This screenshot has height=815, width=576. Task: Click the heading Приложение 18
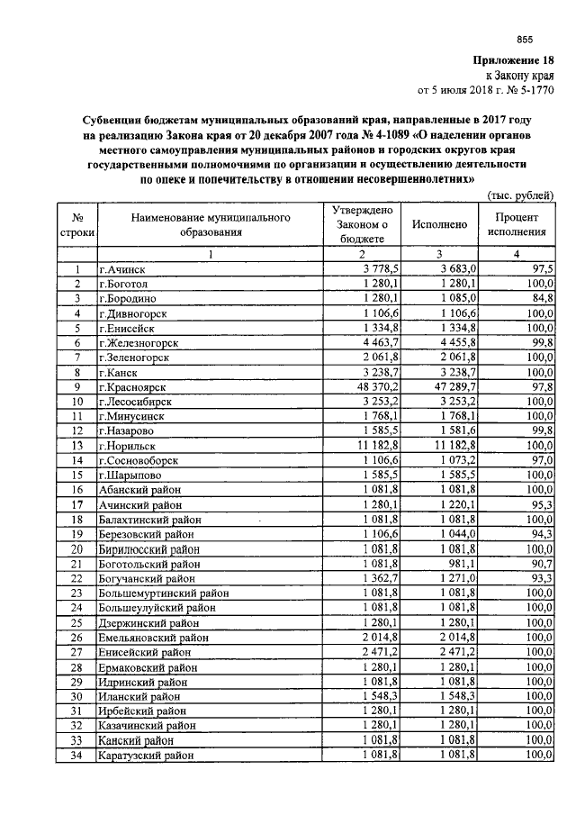[x=515, y=60]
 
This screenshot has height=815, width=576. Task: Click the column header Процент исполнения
[x=517, y=223]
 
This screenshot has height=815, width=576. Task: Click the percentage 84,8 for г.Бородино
[x=542, y=298]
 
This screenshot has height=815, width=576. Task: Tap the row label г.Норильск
[x=127, y=446]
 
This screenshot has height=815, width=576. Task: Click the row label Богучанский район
[x=147, y=578]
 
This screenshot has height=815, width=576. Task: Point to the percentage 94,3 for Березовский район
[x=542, y=534]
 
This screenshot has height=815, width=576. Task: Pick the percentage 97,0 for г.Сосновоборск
[x=542, y=460]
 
